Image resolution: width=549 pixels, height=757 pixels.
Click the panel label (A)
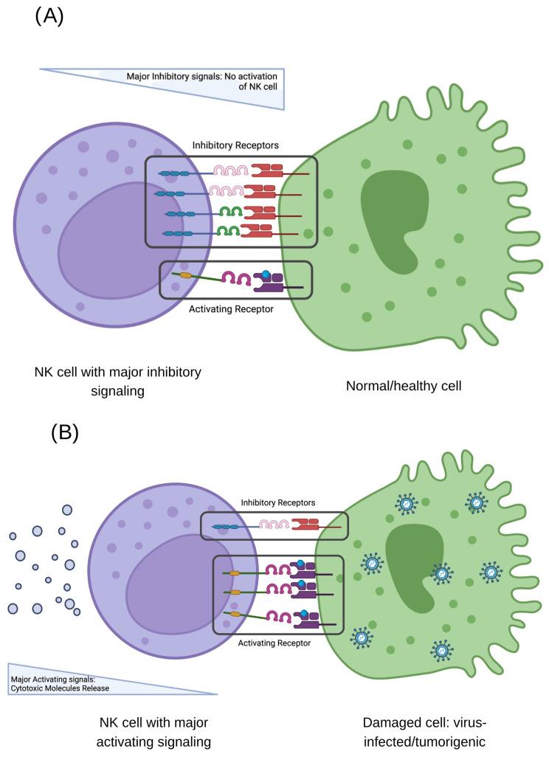[49, 16]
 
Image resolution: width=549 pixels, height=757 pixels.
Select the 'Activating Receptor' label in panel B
[273, 643]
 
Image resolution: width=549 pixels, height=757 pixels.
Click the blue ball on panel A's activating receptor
[266, 275]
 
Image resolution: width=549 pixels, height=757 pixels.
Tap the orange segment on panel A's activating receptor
[186, 277]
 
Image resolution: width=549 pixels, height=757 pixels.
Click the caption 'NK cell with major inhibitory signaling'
[117, 381]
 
